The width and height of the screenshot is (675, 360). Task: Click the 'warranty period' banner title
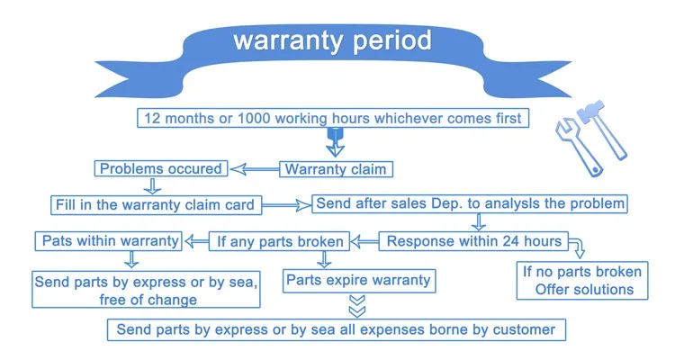[332, 40]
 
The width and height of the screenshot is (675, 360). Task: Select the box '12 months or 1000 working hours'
[333, 118]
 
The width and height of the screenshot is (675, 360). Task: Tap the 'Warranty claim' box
[336, 169]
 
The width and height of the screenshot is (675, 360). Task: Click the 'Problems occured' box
[160, 168]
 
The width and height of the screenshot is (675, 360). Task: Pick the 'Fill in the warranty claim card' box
[156, 205]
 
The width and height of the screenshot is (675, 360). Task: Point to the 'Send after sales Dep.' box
[470, 203]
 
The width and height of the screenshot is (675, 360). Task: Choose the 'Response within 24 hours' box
[473, 241]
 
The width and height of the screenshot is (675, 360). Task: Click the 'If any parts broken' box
[279, 241]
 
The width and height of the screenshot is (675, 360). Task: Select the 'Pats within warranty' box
[109, 241]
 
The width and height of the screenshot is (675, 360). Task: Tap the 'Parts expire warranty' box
[359, 281]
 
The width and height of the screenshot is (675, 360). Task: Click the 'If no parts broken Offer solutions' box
[582, 280]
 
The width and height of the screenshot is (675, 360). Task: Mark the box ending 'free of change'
[146, 290]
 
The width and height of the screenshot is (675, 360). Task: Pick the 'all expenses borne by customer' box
[337, 330]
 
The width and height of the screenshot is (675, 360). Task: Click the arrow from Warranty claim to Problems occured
[254, 169]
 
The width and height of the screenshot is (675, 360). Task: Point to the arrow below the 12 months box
[336, 142]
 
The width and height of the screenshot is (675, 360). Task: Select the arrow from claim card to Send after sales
[286, 205]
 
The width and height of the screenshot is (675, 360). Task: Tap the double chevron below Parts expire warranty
[357, 306]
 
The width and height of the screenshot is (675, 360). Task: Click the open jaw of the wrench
[565, 130]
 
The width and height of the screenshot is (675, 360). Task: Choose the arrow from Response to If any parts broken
[364, 241]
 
